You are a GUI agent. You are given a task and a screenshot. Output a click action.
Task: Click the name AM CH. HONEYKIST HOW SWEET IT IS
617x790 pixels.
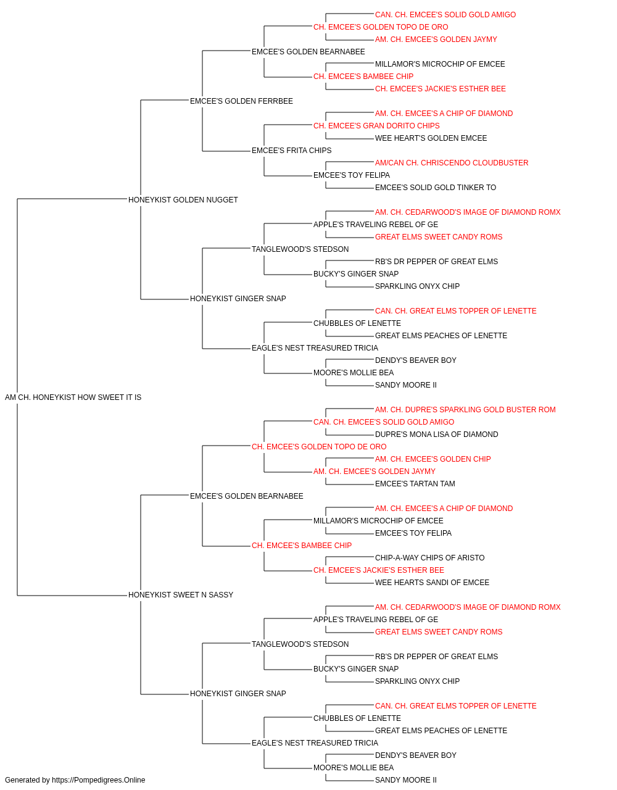73,397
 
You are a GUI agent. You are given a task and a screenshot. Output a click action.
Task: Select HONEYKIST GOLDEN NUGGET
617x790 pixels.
183,200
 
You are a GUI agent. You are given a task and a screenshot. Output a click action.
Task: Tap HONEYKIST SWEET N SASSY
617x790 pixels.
181,595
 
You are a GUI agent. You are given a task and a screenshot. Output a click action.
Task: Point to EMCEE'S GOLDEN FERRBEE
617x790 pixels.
241,101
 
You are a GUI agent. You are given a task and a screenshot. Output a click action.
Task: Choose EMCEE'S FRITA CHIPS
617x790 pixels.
291,151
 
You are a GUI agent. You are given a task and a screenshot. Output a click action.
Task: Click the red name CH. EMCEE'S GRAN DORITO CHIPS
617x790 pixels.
376,126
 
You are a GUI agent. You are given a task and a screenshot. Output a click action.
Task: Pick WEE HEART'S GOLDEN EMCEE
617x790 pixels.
431,138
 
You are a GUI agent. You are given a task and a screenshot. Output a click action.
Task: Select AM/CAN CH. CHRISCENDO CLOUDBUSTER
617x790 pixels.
452,163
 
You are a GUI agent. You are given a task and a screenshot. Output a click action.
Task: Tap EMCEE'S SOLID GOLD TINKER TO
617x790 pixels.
436,188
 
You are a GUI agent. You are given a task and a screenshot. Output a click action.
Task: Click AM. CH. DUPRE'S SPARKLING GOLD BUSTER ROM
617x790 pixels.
465,410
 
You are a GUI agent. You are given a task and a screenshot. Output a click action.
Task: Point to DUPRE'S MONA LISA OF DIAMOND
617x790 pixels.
437,434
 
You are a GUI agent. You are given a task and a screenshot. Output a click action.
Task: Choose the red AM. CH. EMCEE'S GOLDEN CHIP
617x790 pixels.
433,459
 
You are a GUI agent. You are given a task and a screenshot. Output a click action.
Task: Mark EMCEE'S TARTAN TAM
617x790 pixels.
415,484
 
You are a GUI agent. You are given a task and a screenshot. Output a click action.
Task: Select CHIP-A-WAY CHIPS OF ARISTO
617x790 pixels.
430,558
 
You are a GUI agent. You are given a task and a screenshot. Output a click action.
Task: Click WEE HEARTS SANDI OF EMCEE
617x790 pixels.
432,583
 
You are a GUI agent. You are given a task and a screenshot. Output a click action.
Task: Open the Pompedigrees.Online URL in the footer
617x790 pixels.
99,780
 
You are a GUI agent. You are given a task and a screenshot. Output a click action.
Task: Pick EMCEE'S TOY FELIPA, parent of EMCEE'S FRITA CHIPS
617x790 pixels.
352,175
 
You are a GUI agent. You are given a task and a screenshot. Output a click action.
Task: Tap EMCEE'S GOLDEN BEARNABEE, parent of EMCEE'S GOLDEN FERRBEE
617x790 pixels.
308,52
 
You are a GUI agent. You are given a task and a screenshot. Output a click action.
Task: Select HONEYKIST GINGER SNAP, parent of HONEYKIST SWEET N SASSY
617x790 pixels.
238,694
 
